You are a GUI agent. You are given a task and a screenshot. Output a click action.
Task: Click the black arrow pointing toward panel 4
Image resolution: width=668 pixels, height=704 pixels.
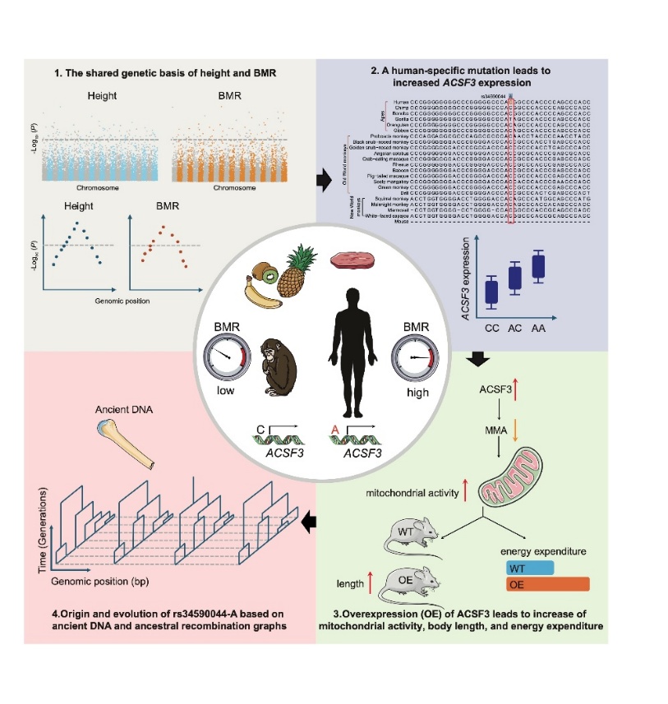pos(310,520)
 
